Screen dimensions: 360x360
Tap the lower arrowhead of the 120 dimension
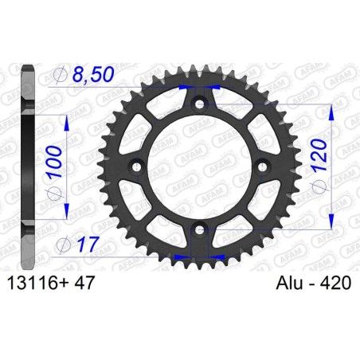coord(329,225)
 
